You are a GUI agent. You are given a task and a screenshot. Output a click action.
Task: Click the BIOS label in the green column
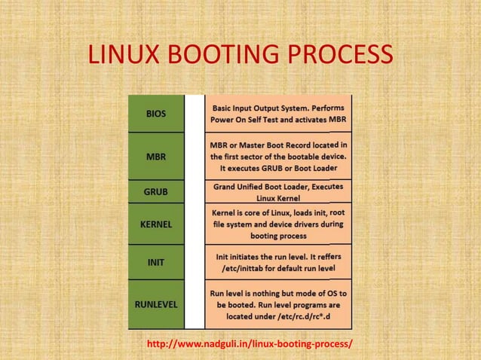click(156, 114)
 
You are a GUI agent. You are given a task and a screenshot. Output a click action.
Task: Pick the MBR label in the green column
click(156, 157)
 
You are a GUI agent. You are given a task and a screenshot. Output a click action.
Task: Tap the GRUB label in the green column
click(156, 191)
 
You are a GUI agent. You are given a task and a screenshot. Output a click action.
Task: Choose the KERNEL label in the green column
click(156, 224)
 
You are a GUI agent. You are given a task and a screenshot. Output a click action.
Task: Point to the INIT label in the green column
click(156, 262)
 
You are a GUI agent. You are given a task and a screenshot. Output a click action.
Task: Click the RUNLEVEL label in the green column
click(156, 304)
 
